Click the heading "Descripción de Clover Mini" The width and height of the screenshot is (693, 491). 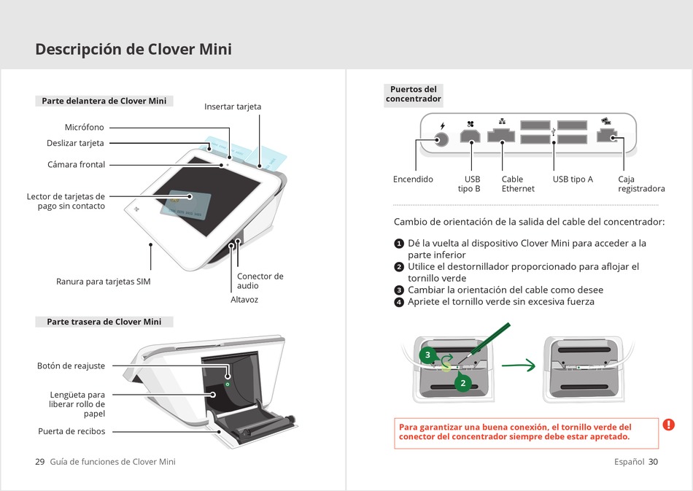[x=133, y=49]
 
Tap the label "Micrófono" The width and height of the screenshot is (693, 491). [x=85, y=127]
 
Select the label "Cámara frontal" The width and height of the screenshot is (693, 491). [x=76, y=164]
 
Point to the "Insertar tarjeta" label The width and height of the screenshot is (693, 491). [x=233, y=107]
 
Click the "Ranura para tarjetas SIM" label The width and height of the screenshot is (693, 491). [x=104, y=282]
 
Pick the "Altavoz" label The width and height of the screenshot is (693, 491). [x=244, y=300]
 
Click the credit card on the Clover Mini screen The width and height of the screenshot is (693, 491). [x=185, y=206]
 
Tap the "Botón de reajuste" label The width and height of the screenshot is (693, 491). [x=71, y=366]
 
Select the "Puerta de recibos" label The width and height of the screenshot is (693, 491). [x=71, y=431]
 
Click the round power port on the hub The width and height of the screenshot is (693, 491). [x=441, y=140]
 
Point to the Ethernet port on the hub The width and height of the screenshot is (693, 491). [x=501, y=135]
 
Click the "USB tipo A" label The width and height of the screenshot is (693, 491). [x=573, y=179]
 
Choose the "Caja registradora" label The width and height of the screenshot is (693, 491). [x=641, y=184]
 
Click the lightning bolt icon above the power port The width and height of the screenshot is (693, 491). [x=442, y=126]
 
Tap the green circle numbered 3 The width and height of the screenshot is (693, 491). [x=427, y=355]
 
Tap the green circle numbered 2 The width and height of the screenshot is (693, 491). [x=462, y=383]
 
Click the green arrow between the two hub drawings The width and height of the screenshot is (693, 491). [x=519, y=366]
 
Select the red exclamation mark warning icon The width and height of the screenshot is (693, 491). [x=669, y=425]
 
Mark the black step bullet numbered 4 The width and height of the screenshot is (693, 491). [x=398, y=302]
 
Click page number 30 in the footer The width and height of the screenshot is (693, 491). [x=653, y=462]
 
